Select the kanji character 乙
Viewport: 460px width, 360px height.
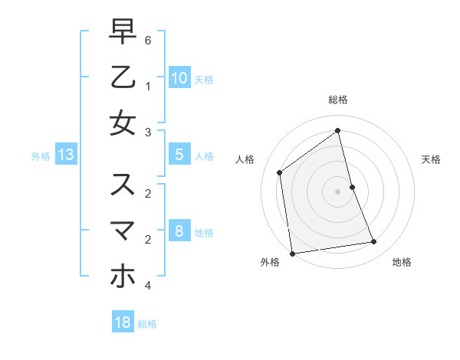click(123, 77)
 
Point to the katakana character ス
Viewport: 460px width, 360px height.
click(123, 185)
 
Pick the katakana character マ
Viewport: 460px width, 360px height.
click(123, 230)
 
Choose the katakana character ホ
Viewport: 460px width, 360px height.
click(123, 275)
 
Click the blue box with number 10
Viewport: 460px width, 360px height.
click(179, 77)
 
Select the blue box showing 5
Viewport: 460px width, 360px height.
click(179, 155)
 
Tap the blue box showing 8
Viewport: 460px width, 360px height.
click(179, 231)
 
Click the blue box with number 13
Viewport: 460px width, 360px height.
click(66, 155)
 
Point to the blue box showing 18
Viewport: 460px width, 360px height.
click(123, 322)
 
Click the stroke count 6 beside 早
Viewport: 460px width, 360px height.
click(148, 39)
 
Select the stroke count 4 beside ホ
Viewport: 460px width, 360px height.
click(148, 286)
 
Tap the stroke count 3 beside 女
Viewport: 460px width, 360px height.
click(148, 133)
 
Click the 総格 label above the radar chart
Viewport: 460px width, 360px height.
click(338, 100)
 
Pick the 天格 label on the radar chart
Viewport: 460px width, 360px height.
click(432, 159)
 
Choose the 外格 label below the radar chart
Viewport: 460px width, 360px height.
click(270, 262)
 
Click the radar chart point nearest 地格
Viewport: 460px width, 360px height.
click(374, 242)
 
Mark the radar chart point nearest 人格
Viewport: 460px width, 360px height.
click(280, 172)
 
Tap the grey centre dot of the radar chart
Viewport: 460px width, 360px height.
click(338, 191)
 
